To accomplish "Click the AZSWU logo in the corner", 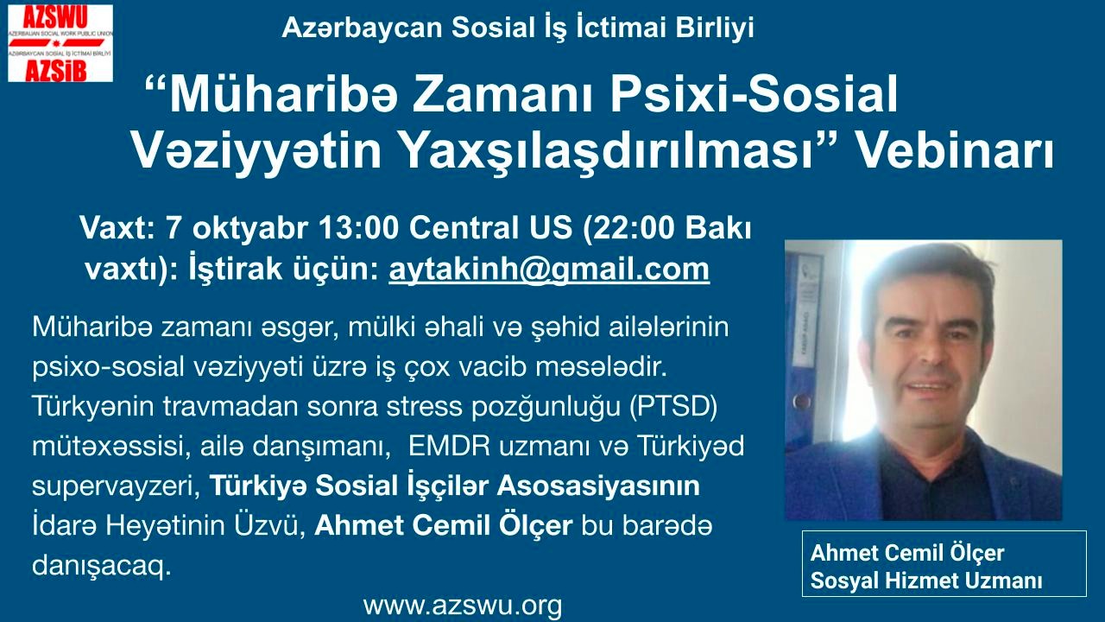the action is pos(60,43).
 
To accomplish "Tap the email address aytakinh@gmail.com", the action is pos(549,270).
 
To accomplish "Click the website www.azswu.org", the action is pos(462,605).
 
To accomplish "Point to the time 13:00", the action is pos(358,229).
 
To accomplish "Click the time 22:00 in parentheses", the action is pos(634,229).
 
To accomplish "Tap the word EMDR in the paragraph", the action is pos(449,447).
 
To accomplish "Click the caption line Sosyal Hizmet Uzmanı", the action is pos(926,580).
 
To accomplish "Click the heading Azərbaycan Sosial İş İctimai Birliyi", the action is pos(517,28).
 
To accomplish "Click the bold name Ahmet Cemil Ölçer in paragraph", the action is pos(444,526).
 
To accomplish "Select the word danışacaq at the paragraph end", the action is pos(102,566).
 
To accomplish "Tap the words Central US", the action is pos(490,229).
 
